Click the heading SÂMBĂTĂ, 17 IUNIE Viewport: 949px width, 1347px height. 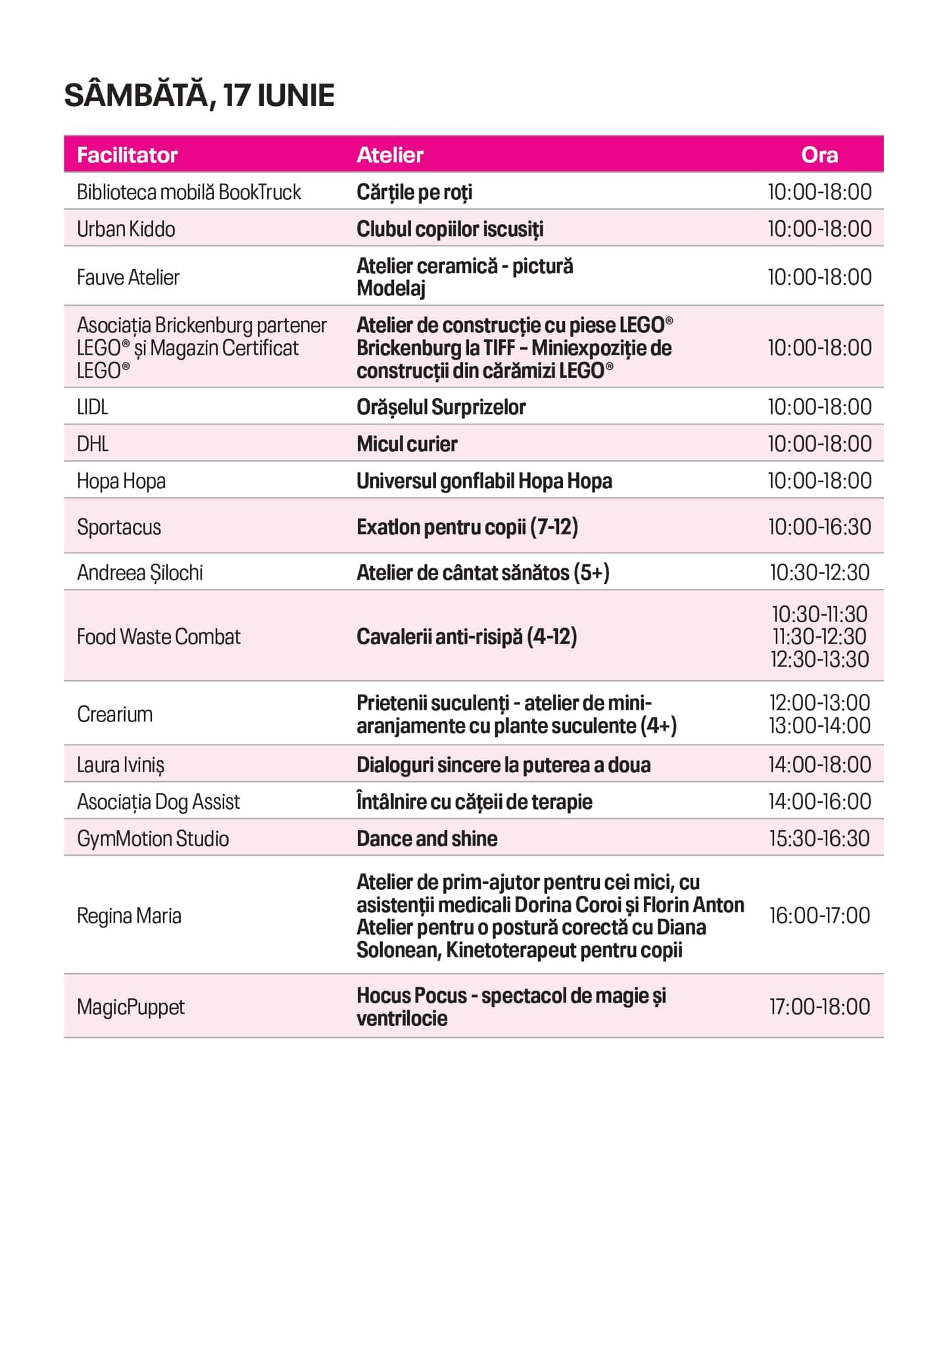click(199, 96)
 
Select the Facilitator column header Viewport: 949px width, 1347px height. click(127, 155)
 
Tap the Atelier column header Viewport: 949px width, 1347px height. click(390, 155)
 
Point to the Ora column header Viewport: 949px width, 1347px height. click(819, 155)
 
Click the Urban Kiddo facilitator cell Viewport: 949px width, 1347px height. click(126, 229)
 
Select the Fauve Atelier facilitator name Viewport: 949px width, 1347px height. click(128, 278)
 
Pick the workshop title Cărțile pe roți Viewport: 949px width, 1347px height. click(414, 192)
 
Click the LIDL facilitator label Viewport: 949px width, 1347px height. click(92, 407)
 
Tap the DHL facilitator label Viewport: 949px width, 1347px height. click(93, 444)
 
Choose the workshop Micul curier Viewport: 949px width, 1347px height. click(406, 444)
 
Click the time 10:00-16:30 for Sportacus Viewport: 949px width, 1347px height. click(819, 527)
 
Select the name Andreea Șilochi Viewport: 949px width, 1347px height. click(139, 573)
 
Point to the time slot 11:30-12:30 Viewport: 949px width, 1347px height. click(819, 637)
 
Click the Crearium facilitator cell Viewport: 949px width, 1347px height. click(115, 714)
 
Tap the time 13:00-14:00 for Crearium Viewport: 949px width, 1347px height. click(819, 726)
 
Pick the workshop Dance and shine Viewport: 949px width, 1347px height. click(427, 839)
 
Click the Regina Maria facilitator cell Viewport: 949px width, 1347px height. click(129, 916)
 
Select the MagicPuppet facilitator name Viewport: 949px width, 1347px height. click(131, 1007)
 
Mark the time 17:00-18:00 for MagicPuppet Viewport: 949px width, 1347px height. click(819, 1007)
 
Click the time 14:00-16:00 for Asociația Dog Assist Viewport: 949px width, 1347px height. click(819, 802)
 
